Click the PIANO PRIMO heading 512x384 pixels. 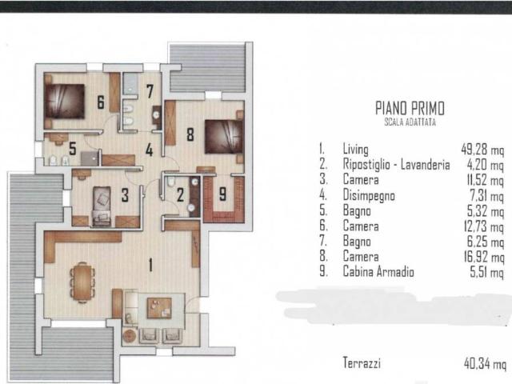[410, 108]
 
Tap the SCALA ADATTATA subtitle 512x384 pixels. [410, 122]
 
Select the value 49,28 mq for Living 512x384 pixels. [482, 150]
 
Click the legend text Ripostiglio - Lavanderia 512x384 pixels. [396, 164]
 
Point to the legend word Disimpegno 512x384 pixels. [369, 195]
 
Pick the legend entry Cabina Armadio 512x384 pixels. [378, 272]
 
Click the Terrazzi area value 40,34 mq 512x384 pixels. [485, 363]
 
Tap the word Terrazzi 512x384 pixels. [362, 362]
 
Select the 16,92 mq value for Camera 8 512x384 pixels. [484, 257]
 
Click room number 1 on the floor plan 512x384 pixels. [150, 265]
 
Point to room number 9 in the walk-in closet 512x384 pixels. [222, 194]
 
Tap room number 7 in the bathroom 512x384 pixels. [150, 91]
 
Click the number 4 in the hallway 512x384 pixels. [150, 150]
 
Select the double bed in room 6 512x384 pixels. [65, 102]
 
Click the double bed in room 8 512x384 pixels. [224, 137]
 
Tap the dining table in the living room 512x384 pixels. [82, 282]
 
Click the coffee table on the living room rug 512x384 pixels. [159, 308]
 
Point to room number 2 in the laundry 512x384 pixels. [180, 195]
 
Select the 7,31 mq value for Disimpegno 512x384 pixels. [486, 196]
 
